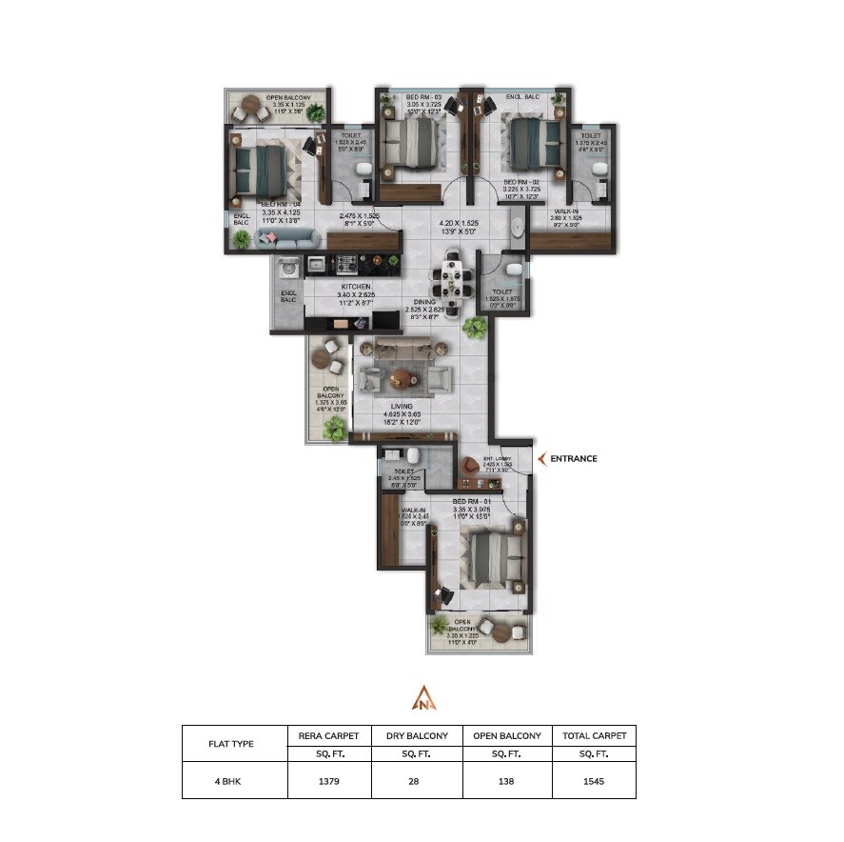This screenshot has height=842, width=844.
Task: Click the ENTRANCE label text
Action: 574,458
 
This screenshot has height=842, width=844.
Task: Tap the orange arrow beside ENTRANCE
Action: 542,458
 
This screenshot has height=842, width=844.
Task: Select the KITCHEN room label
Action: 358,287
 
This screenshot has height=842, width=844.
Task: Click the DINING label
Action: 424,302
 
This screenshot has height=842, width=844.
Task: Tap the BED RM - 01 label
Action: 472,501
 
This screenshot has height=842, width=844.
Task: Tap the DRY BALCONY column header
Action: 416,735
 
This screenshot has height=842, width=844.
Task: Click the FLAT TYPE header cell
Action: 234,744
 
